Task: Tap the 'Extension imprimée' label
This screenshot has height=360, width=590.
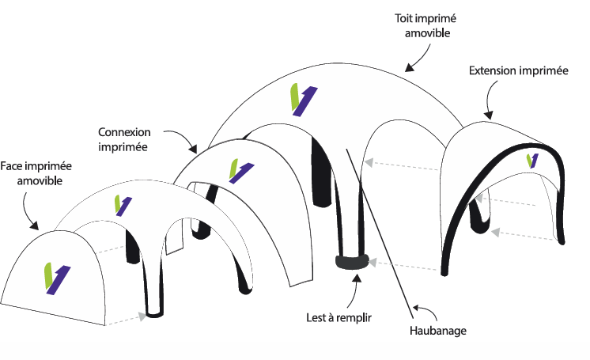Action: tap(518, 70)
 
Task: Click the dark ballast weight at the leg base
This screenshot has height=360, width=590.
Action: tap(352, 263)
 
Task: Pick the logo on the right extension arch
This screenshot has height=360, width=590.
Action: tap(532, 161)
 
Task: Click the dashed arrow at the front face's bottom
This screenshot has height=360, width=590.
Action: tap(127, 319)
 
